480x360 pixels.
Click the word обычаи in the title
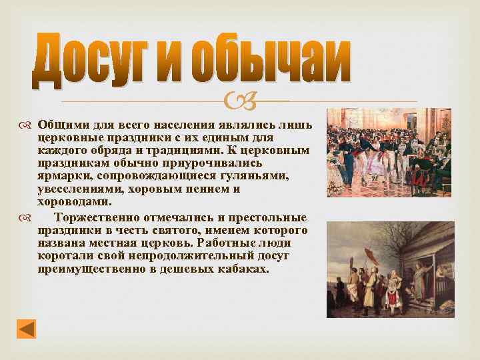[270, 61]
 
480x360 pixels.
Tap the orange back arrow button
[26, 329]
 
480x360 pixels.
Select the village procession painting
[390, 269]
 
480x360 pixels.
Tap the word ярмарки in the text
[64, 176]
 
